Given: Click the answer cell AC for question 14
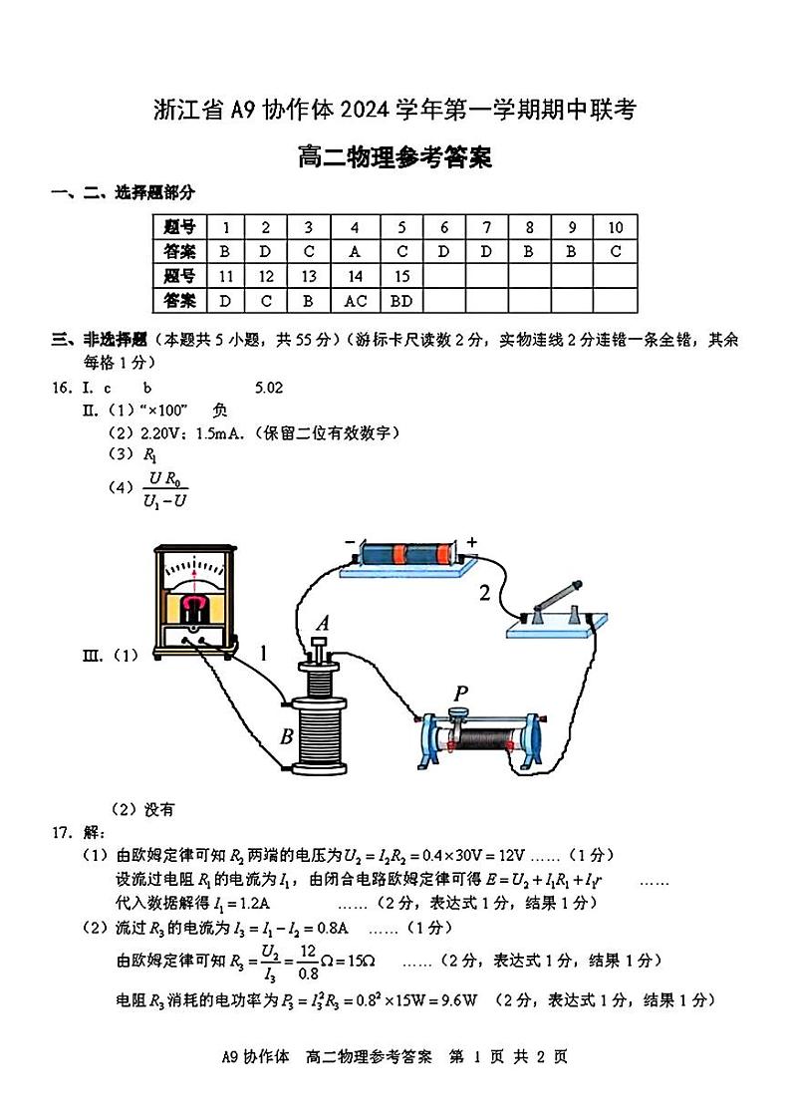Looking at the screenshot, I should click(x=355, y=300).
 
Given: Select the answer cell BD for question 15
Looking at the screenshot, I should click(x=400, y=300).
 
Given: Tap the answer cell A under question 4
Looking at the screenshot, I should click(x=355, y=251).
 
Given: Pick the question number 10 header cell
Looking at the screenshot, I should click(x=615, y=227).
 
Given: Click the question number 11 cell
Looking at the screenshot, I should click(x=225, y=276).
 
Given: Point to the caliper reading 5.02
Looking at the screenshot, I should click(x=269, y=388).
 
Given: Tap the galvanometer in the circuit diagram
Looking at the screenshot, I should click(x=195, y=601).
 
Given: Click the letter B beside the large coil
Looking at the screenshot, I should click(x=286, y=738).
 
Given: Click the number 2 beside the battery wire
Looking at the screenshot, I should click(x=484, y=594).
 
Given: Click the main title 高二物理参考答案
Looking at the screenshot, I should click(x=395, y=157).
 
